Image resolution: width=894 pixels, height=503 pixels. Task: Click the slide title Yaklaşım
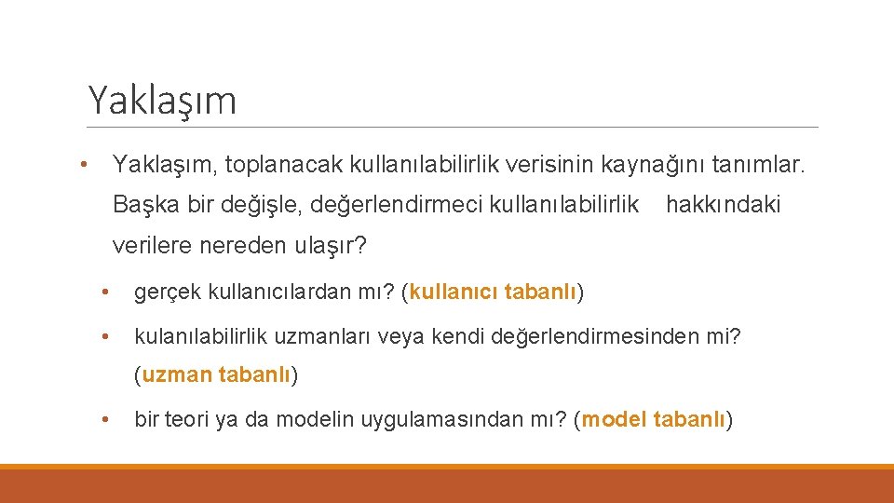[162, 100]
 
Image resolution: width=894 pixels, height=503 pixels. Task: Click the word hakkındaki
[724, 204]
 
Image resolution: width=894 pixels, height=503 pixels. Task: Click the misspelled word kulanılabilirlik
[205, 334]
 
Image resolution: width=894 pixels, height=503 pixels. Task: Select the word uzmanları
[324, 334]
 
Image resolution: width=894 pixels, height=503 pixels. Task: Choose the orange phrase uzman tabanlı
[216, 376]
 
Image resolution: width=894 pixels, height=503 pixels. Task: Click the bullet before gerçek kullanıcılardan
[107, 294]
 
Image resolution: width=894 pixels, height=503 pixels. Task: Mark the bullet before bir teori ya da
[107, 421]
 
